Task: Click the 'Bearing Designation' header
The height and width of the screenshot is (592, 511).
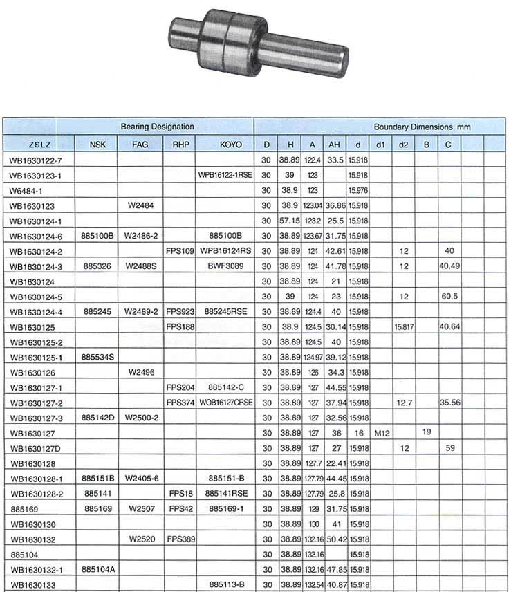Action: pos(157,127)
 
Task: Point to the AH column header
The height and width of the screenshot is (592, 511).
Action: pos(335,145)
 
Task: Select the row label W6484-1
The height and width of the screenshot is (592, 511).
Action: pos(27,190)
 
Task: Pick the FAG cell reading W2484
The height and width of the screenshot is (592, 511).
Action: pos(140,205)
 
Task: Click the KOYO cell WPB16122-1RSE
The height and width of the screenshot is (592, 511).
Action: pos(225,176)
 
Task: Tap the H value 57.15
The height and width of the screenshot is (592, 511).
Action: pos(287,221)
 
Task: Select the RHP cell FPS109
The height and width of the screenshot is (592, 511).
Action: pos(179,250)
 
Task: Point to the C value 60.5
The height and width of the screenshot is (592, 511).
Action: pos(449,296)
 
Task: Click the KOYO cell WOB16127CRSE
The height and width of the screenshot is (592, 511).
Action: pos(225,403)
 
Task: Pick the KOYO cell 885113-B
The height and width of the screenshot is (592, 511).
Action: pos(225,584)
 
